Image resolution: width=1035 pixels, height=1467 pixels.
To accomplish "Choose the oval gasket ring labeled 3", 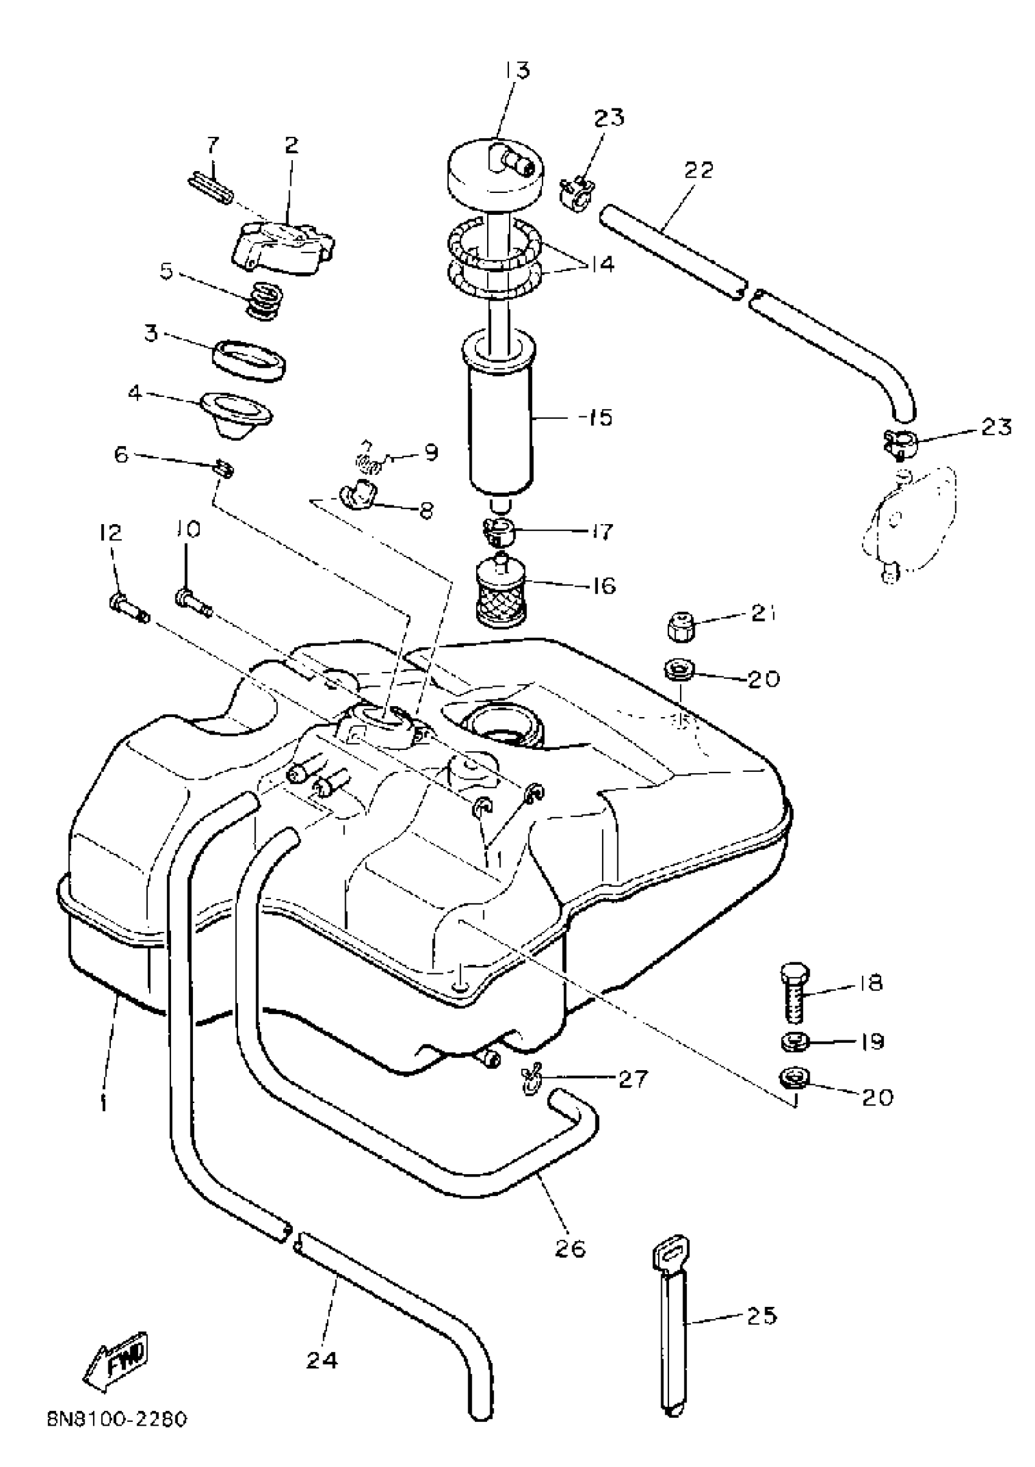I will [x=249, y=360].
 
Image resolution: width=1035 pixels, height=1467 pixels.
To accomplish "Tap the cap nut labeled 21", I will [x=681, y=628].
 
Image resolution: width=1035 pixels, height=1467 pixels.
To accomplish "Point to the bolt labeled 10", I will [x=194, y=602].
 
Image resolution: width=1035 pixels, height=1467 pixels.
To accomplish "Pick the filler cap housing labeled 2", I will [x=284, y=246].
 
